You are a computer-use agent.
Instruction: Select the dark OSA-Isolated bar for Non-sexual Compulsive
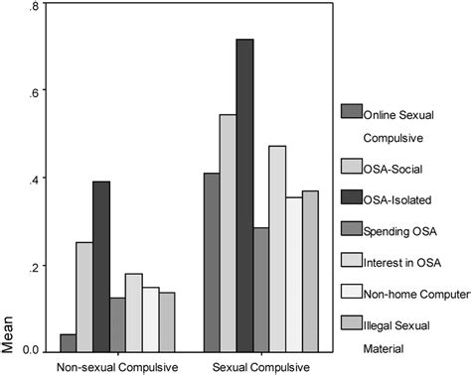[101, 266]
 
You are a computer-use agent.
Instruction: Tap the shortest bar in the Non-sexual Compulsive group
[68, 342]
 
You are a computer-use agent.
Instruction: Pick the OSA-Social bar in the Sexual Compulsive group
[228, 233]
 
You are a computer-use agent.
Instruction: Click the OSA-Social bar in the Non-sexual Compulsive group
[84, 297]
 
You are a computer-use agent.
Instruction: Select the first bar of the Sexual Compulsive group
[211, 262]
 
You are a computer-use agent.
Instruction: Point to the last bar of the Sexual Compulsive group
[310, 271]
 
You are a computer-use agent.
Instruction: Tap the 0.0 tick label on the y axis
[30, 350]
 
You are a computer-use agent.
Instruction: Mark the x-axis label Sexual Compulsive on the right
[260, 365]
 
